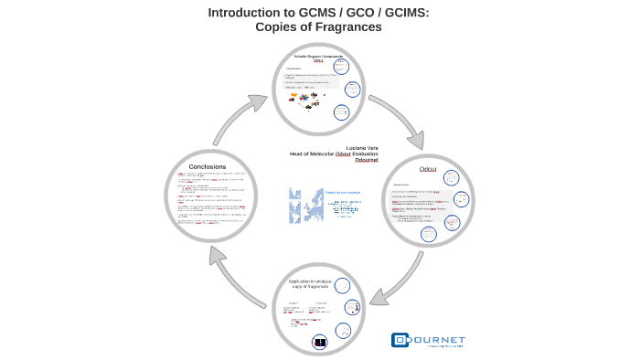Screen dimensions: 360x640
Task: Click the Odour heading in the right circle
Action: coord(427,170)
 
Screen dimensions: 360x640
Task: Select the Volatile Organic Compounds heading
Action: coord(313,56)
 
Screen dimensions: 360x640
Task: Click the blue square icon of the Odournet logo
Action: coord(400,340)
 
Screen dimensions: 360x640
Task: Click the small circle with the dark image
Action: coord(319,342)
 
